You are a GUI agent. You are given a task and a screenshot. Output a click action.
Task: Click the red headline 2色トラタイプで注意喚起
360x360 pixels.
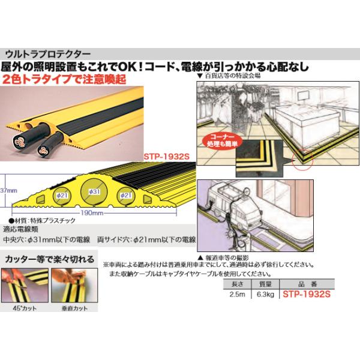point(69,78)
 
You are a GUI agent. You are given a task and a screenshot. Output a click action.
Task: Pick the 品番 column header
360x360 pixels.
point(305,285)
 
